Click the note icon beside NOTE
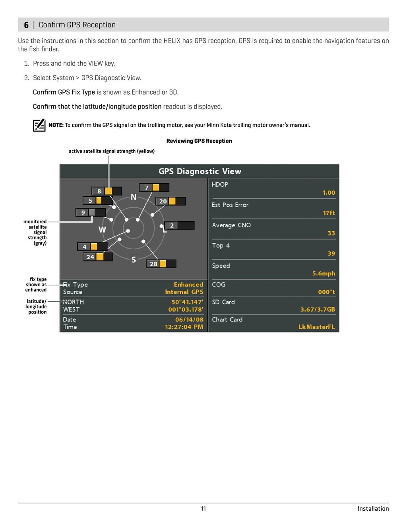[39, 125]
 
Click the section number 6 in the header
[26, 25]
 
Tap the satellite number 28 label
[153, 264]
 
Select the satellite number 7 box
[147, 188]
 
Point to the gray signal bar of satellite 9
[92, 212]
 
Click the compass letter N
[134, 197]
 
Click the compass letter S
[134, 260]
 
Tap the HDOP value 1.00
[329, 193]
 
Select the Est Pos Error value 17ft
[329, 213]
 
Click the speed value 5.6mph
[324, 273]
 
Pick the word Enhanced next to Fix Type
[188, 285]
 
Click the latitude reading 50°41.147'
[187, 302]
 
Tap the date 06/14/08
[189, 320]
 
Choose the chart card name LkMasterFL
[317, 327]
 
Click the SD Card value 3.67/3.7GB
[318, 309]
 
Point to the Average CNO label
[231, 225]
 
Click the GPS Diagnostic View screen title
[200, 171]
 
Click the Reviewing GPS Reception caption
[199, 141]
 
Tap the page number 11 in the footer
[203, 509]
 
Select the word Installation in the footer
[373, 509]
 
